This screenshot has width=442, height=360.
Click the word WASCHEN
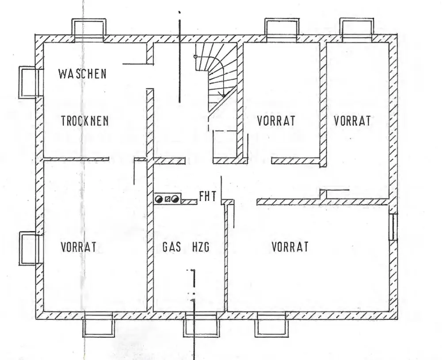[82, 73]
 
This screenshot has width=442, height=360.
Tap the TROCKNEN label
[85, 121]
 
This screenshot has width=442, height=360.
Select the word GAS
[172, 248]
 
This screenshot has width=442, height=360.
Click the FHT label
[208, 197]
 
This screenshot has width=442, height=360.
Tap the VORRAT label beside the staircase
[276, 121]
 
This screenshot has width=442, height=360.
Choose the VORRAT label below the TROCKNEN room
[79, 247]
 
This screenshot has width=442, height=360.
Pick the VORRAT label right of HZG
[290, 246]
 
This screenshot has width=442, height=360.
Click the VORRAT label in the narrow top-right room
[352, 121]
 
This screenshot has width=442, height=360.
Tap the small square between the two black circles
[167, 199]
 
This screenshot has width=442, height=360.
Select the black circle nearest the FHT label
[175, 199]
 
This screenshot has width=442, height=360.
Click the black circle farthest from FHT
[159, 199]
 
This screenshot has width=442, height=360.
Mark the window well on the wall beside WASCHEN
[27, 82]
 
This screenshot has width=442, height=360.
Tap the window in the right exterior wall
[393, 227]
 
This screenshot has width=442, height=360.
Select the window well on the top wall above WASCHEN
[89, 28]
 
